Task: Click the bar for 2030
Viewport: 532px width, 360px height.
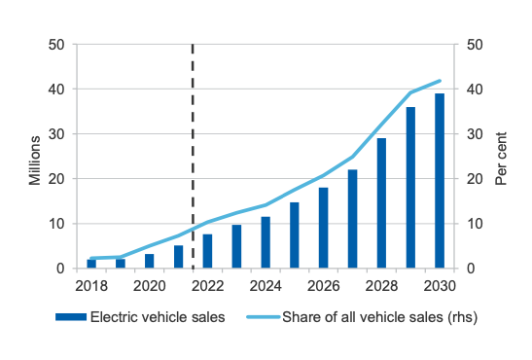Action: (x=440, y=181)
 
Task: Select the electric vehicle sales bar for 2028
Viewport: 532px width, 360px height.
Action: (x=381, y=203)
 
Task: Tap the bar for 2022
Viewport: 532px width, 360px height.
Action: (x=207, y=251)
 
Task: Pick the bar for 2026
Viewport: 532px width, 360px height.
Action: (x=324, y=228)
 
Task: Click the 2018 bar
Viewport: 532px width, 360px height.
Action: (x=91, y=264)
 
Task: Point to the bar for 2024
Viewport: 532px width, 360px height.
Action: (x=266, y=242)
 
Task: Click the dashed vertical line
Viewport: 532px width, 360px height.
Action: (x=193, y=156)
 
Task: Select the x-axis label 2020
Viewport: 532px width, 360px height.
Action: (x=149, y=286)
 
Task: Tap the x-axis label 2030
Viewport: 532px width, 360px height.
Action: (x=440, y=286)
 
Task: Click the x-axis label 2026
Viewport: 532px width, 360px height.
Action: (x=324, y=286)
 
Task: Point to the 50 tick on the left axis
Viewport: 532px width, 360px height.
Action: (x=56, y=45)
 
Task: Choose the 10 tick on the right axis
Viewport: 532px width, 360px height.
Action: (x=475, y=224)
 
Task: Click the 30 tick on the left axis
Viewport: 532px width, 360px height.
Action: (x=56, y=134)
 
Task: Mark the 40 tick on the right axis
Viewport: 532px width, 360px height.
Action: (x=475, y=90)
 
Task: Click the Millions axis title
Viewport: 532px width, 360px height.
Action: (x=35, y=161)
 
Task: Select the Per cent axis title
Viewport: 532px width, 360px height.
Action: (x=501, y=159)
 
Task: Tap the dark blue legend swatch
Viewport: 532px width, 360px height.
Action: (x=71, y=317)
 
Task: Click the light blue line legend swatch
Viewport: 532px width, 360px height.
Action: (x=264, y=317)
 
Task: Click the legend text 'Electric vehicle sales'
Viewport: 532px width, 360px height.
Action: (x=158, y=317)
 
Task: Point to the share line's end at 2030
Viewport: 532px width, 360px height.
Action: (x=440, y=81)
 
